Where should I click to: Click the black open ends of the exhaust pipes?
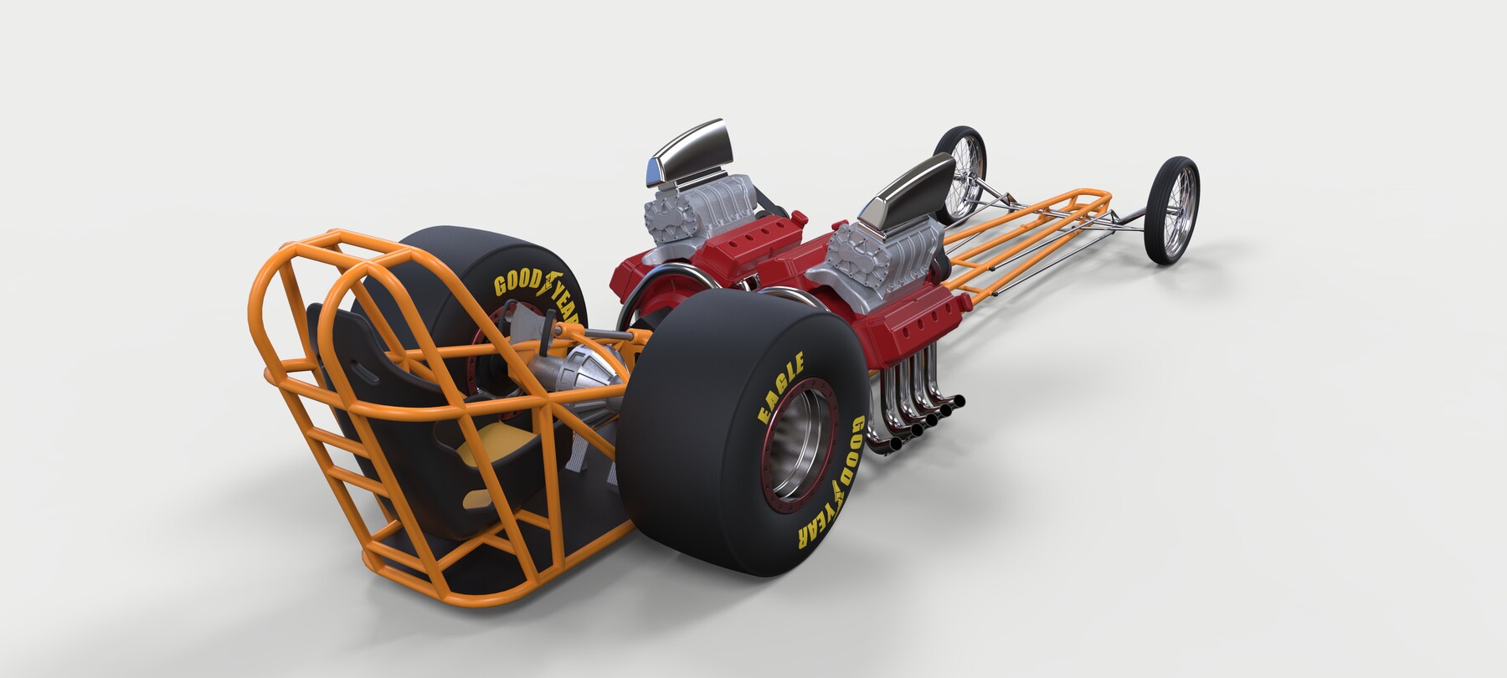click(921, 427)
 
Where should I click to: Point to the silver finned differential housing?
click(578, 385)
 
